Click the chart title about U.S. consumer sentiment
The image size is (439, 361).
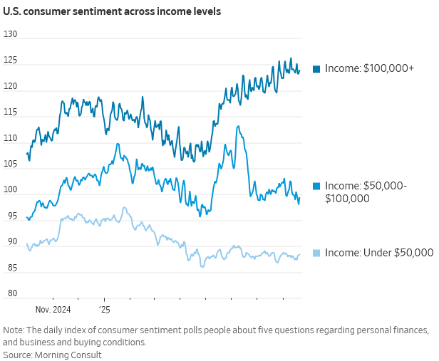click(112, 12)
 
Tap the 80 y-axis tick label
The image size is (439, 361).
click(12, 294)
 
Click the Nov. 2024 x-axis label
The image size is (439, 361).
click(53, 310)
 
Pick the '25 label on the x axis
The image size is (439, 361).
click(104, 310)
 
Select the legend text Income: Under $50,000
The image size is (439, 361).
click(379, 252)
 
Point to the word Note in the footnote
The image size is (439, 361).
click(14, 330)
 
